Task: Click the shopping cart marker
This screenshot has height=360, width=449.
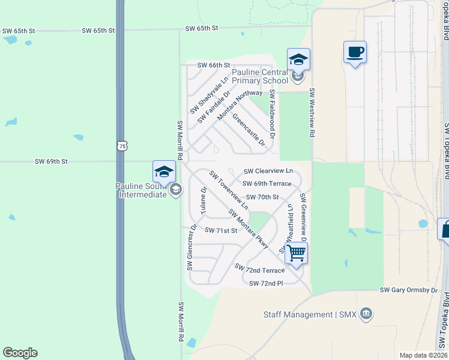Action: pos(297,253)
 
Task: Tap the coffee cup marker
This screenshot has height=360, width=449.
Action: pos(355,52)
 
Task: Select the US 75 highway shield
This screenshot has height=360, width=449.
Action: pos(122,146)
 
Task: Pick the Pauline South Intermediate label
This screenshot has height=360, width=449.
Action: pos(141,190)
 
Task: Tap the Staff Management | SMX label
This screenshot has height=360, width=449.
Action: pos(310,314)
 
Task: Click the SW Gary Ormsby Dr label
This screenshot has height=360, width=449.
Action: pos(409,290)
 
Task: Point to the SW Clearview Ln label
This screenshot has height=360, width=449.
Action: pos(268,171)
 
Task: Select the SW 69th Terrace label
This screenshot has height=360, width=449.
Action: pos(267,184)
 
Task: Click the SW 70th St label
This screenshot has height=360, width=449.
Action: pos(262,197)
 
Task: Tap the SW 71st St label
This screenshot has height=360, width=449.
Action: pos(221,230)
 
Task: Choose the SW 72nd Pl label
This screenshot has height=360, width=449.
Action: pos(265,283)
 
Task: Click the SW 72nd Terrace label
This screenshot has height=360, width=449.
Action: pos(259,270)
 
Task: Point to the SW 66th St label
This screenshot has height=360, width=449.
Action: pos(214,65)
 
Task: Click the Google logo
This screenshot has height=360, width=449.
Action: pos(20,353)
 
